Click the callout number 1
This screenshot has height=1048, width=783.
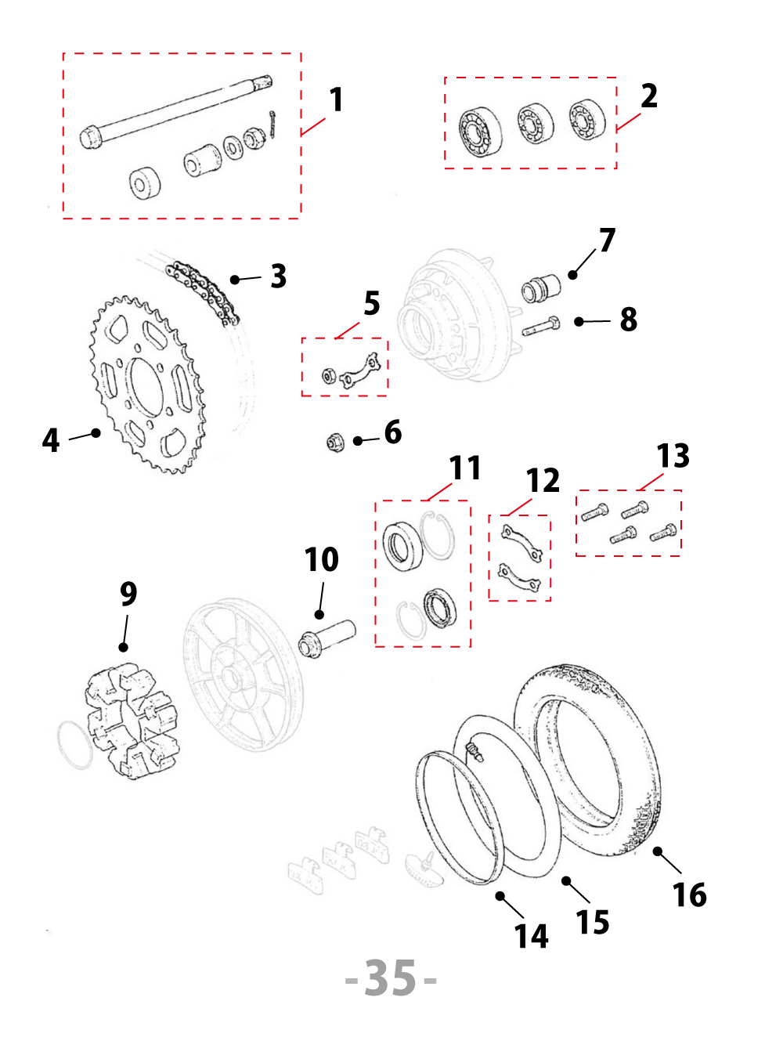(336, 100)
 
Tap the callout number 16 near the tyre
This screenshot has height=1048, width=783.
(689, 894)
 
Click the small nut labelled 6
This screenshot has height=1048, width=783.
(335, 443)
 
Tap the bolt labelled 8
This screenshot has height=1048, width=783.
(540, 327)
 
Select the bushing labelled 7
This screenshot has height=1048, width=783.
(540, 288)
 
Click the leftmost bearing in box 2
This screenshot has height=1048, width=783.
(481, 132)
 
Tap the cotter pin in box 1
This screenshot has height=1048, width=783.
(272, 124)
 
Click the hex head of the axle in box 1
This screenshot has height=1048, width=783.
(91, 139)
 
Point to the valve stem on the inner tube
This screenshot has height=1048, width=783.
(473, 751)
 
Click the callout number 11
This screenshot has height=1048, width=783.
(464, 468)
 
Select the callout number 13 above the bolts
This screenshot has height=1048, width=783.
(673, 456)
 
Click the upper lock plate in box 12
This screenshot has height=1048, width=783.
(521, 541)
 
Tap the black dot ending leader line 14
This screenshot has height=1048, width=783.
(500, 895)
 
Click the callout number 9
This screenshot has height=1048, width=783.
(128, 594)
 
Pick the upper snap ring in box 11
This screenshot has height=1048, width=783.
(437, 534)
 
